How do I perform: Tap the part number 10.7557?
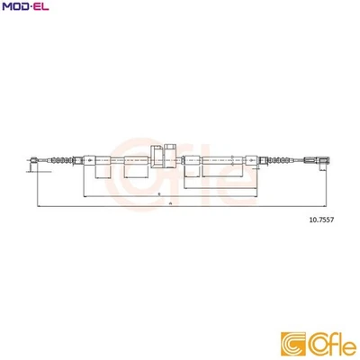pos(319,217)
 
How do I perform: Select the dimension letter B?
pos(158,193)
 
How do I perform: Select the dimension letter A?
pos(169,204)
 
